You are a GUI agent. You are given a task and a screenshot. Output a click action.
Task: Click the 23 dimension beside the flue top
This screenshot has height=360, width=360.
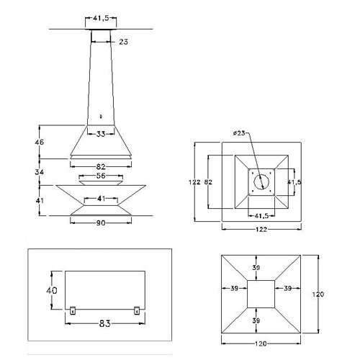[123, 42]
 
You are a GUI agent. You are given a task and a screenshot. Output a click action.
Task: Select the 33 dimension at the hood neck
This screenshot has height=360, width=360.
[101, 134]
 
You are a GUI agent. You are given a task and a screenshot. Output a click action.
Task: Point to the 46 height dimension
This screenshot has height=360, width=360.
[40, 142]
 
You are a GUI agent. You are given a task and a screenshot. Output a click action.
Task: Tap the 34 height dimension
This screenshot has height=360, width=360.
[40, 172]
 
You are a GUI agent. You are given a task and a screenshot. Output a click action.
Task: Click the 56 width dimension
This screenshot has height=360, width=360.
[101, 176]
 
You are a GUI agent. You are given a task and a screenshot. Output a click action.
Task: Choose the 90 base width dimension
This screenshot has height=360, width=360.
[101, 223]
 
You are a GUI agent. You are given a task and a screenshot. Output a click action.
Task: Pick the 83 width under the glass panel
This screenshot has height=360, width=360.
[104, 323]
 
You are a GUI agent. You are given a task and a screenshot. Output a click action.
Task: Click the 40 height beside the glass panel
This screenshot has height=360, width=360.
[52, 290]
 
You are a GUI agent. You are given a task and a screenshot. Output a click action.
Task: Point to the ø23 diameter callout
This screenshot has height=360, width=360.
[239, 133]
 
